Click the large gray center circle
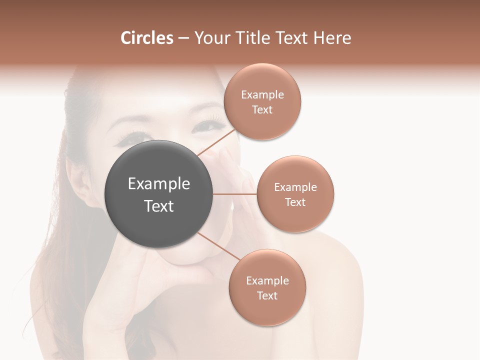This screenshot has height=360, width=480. click(x=159, y=194)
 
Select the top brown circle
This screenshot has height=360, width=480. click(x=262, y=101)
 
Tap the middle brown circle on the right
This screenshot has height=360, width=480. click(x=295, y=194)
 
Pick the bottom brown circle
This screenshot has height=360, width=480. click(x=267, y=287)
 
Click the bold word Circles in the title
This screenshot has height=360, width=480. click(x=147, y=38)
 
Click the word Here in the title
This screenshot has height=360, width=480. click(x=332, y=38)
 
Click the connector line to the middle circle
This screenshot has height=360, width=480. click(x=235, y=194)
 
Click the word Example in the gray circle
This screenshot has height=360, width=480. click(x=159, y=184)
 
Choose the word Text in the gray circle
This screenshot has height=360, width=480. click(x=159, y=206)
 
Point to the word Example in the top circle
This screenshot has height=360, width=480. click(x=262, y=94)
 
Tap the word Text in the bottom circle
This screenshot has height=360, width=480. click(x=267, y=295)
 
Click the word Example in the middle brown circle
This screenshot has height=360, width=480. click(x=295, y=187)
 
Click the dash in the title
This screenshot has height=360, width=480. click(x=183, y=38)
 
